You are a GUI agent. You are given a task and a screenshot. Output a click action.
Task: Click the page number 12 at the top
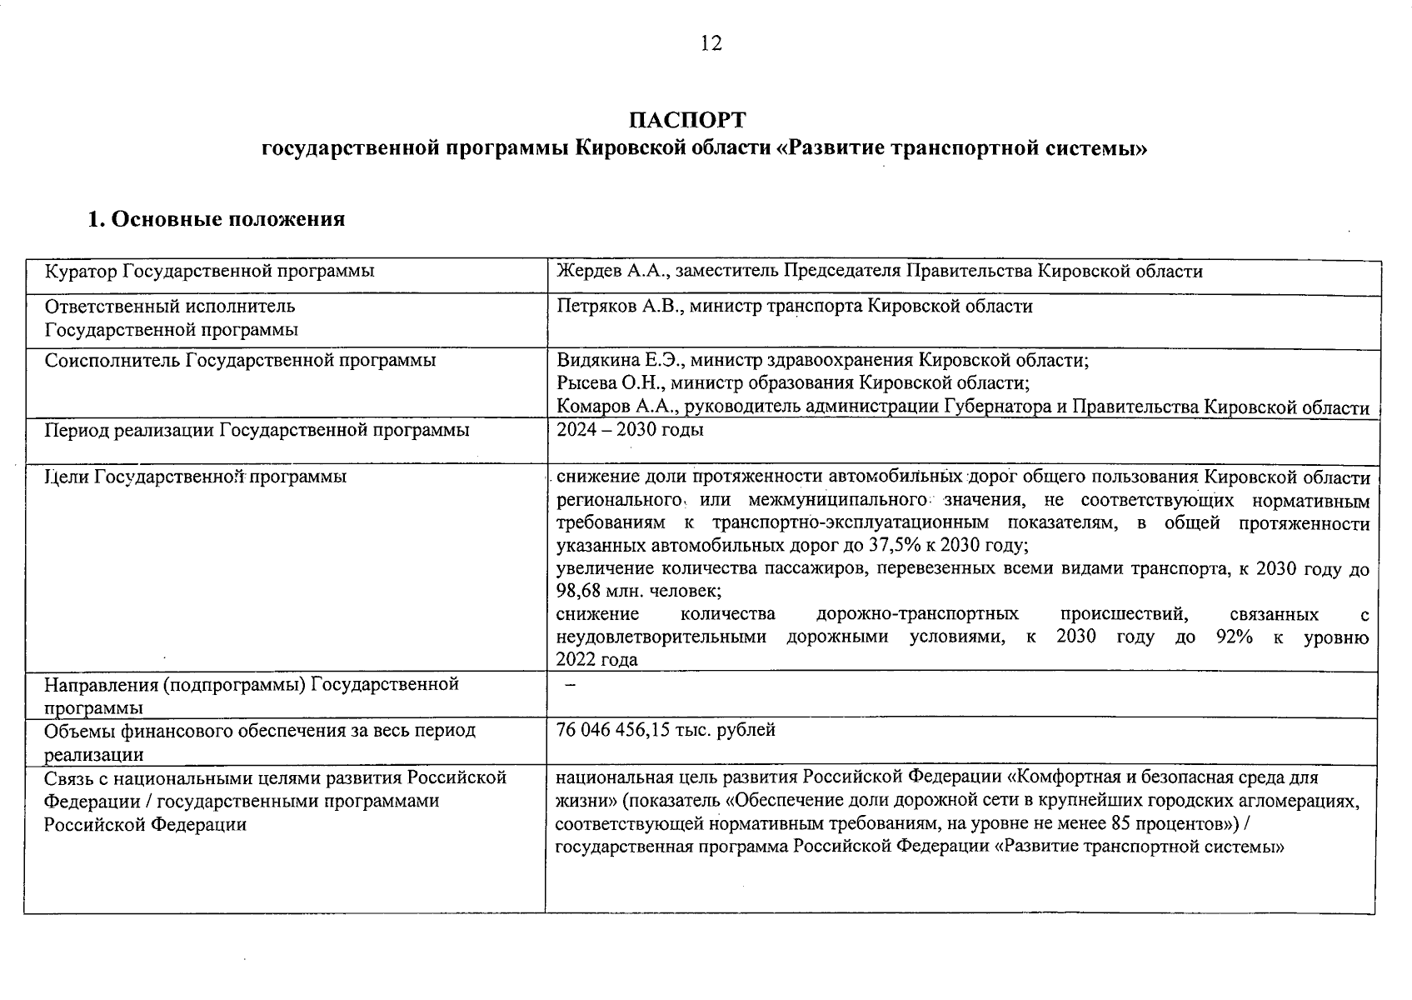tap(711, 43)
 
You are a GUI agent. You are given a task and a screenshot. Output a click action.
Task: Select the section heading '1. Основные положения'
tap(217, 219)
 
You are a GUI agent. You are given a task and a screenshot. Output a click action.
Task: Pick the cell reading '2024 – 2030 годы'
tap(630, 430)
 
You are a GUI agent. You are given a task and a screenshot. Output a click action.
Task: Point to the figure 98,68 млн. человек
tap(637, 592)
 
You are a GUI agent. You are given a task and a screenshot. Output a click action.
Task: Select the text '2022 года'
tap(596, 660)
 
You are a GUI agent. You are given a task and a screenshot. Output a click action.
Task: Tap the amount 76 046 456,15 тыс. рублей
tap(666, 731)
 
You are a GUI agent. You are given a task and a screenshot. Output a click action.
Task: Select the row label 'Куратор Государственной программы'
tap(209, 272)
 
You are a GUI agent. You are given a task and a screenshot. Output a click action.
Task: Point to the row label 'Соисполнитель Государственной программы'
tap(240, 361)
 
